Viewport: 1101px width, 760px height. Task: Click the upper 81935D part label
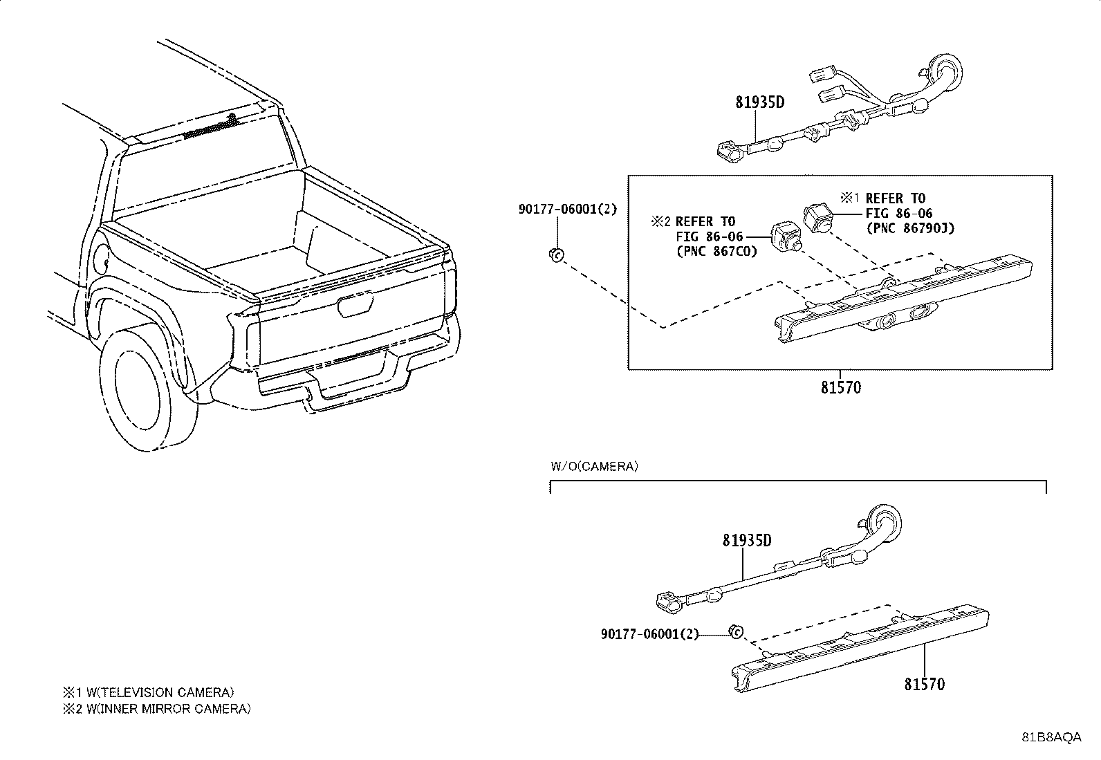tap(760, 103)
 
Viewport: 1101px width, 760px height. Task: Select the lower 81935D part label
tap(747, 540)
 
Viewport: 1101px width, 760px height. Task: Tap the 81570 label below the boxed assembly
tap(841, 388)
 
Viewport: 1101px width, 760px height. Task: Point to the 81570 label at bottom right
tap(924, 685)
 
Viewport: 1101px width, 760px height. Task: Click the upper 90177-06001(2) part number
tap(567, 209)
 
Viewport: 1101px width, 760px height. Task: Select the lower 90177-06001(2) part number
tap(650, 633)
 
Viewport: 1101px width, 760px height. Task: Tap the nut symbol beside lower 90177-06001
tap(737, 631)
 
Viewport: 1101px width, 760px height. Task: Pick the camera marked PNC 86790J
tap(818, 218)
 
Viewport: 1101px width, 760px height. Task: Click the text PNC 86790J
tap(910, 228)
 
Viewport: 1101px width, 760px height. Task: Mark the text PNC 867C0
tap(716, 251)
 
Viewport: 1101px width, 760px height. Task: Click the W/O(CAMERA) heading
tap(594, 467)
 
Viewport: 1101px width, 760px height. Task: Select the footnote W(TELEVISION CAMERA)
tap(149, 692)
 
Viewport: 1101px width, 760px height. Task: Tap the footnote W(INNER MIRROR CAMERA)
tap(157, 708)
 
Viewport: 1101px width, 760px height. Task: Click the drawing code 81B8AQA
tap(1051, 737)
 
